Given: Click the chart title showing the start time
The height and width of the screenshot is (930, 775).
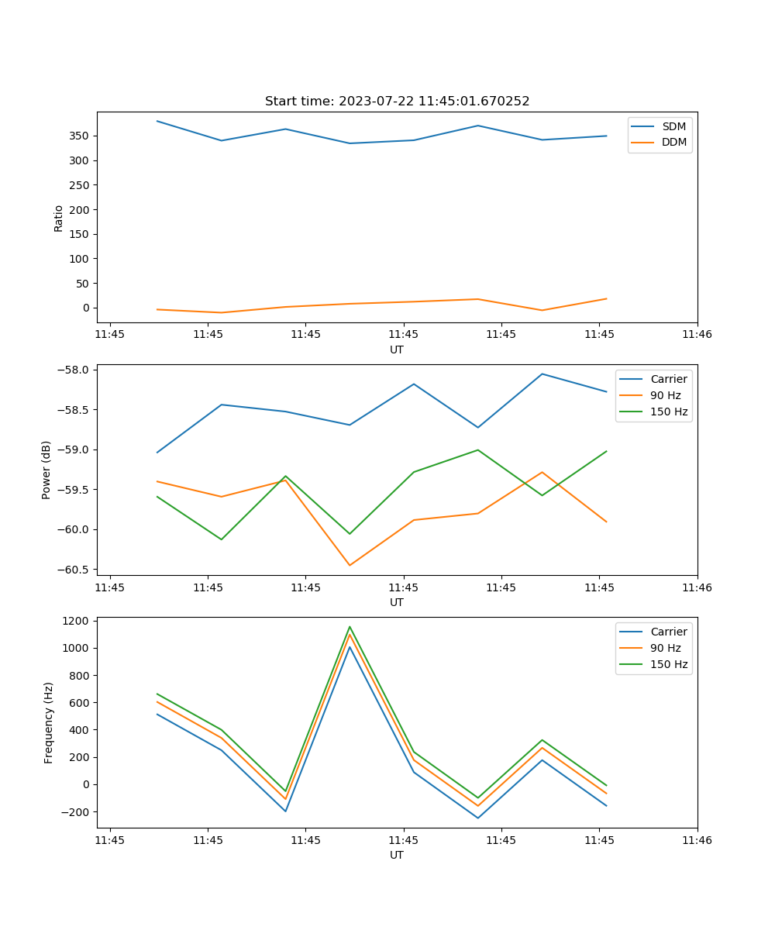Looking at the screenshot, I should (397, 102).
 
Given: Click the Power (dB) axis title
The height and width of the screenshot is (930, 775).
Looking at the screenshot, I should (46, 470).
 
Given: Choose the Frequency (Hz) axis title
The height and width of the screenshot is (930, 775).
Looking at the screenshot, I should (49, 722).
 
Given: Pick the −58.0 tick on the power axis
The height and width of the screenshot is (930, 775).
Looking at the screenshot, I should (75, 370).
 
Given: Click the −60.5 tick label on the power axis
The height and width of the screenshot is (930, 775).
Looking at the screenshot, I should (75, 570).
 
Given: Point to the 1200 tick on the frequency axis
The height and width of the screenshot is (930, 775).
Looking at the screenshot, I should (77, 621).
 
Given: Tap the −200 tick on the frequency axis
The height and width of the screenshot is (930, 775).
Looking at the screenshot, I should (77, 811).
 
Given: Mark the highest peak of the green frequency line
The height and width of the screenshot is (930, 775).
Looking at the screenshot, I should (350, 626).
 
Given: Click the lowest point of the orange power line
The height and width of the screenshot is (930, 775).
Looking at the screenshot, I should (350, 565).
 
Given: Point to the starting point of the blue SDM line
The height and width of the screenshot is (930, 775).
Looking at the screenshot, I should (157, 121).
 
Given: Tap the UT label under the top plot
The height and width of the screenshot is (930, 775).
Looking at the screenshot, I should (397, 350).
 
